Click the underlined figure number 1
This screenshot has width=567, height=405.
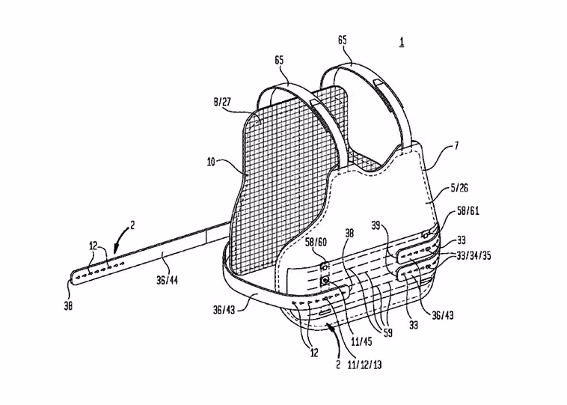point(402,43)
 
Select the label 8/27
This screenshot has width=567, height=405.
point(221,102)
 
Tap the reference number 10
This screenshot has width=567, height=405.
point(211,162)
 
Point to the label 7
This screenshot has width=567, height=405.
point(456,146)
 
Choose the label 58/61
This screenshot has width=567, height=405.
point(468,211)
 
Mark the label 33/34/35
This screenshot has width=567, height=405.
point(473,255)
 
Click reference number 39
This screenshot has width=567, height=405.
point(376,226)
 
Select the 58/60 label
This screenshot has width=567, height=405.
point(316,242)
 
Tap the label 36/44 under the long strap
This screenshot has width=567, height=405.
point(167,279)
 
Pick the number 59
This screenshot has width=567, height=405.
point(387,332)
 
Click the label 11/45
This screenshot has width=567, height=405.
point(361,341)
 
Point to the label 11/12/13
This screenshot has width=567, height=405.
point(364,365)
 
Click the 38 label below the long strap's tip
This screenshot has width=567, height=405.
point(68,306)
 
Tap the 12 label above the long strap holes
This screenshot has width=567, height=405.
point(94,246)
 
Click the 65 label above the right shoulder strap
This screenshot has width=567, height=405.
point(343,40)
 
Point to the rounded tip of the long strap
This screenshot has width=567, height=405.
point(73,278)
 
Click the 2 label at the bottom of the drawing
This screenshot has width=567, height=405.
point(338,365)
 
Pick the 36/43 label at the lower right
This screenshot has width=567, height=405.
point(443,316)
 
